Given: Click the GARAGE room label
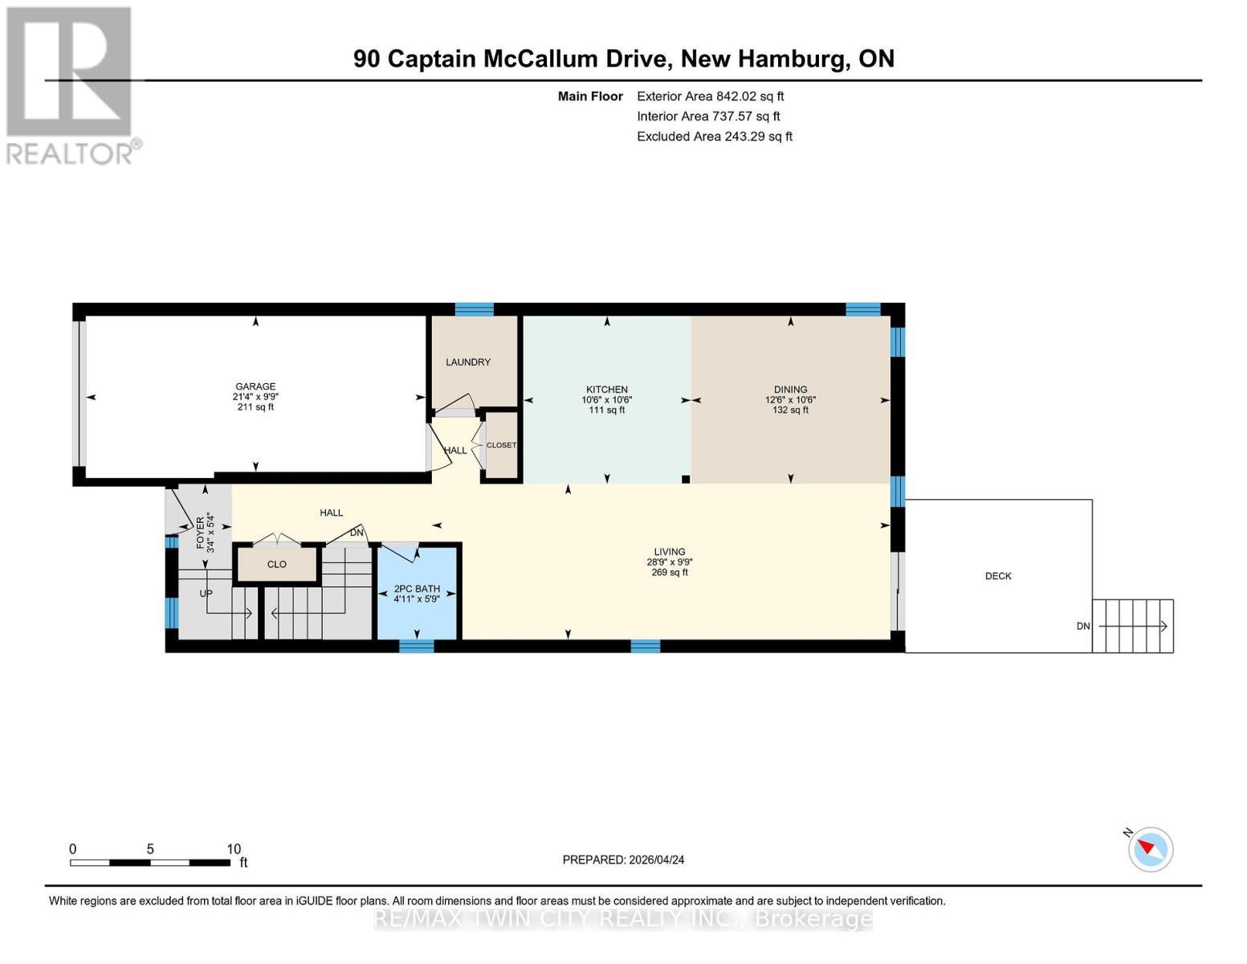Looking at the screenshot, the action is tap(255, 386).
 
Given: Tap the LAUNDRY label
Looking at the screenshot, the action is tap(468, 362).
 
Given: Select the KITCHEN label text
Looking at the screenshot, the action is tap(606, 390).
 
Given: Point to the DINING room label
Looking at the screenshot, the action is tap(790, 390).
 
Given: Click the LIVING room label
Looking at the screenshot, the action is tap(670, 552).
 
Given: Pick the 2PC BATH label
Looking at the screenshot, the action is tap(417, 589).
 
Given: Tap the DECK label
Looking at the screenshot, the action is tap(998, 576).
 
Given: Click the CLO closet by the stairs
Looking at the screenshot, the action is tap(276, 565).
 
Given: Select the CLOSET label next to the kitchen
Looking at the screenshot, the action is tap(501, 445).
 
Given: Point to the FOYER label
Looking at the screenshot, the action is tap(200, 533).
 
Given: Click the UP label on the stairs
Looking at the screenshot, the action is tap(206, 593).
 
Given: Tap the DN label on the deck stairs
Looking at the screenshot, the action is tap(1083, 626).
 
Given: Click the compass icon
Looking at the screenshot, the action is tap(1150, 849).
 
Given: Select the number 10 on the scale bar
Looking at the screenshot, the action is tap(234, 848).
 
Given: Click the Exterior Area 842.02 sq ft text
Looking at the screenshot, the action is tap(711, 96).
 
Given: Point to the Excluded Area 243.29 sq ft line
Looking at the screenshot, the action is tap(715, 137).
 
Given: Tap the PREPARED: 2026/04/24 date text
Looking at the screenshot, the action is tap(623, 860).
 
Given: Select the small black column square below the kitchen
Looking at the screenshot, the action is tap(685, 479).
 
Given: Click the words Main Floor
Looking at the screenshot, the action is tap(590, 96).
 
